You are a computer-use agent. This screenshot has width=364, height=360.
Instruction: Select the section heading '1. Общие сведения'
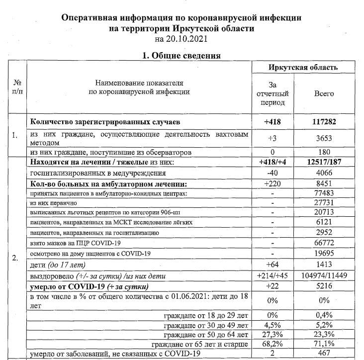click(x=182, y=56)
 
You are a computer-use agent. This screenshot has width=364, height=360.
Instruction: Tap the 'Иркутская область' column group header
click(x=303, y=67)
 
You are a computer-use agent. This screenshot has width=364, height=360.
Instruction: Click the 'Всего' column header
click(x=324, y=93)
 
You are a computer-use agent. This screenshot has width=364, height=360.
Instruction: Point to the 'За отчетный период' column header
click(x=272, y=93)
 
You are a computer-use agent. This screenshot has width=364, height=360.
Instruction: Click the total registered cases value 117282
click(x=324, y=121)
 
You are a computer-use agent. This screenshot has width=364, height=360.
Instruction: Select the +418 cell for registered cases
click(x=272, y=121)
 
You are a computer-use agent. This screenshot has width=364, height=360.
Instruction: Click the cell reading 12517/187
click(x=324, y=162)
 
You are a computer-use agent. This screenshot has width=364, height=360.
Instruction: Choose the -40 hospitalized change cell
click(x=272, y=173)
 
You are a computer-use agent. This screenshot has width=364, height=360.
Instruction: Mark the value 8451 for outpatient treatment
click(x=324, y=184)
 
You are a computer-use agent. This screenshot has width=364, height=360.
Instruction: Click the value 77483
click(x=324, y=194)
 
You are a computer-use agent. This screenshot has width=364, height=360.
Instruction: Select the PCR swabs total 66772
click(x=324, y=243)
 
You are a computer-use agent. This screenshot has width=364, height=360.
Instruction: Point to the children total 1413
click(x=324, y=265)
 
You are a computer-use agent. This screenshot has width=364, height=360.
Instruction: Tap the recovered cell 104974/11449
click(x=324, y=275)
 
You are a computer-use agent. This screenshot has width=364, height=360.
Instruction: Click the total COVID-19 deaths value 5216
click(x=324, y=286)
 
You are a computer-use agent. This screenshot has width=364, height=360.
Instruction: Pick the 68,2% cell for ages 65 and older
click(x=272, y=343)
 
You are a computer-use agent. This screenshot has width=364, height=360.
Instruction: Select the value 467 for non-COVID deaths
click(x=324, y=354)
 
